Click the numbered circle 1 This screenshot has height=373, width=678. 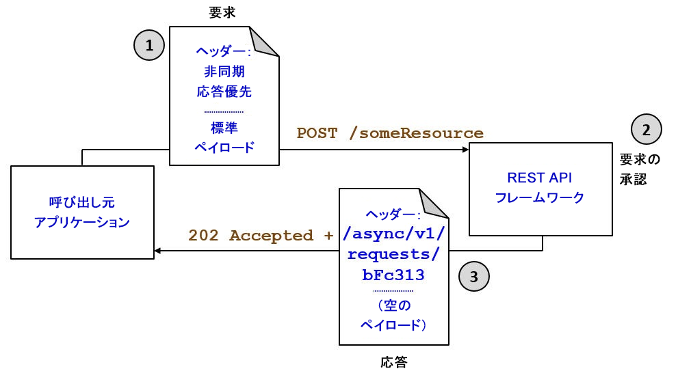pos(149,46)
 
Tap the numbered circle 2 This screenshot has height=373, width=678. pos(647,128)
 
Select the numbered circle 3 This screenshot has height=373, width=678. pos(474,276)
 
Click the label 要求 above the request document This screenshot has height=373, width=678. pos(222,12)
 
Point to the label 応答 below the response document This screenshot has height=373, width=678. pos(393,361)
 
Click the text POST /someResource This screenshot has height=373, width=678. pos(390,133)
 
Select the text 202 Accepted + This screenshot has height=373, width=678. pos(261,236)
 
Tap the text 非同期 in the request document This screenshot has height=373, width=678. pos(224,71)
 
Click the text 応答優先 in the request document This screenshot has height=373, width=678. pos(224,90)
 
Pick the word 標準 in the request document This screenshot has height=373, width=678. pos(224,128)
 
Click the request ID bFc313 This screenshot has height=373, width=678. pos(393,275)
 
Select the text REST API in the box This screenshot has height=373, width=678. pos(539,178)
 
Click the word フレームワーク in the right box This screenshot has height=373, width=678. pos(539,198)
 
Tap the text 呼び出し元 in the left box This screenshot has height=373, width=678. pos(82,203)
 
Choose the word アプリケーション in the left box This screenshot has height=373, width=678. pos(82,222)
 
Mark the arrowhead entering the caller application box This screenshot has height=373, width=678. pos(158,251)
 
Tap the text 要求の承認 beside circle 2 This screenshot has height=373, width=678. pos(640,170)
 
